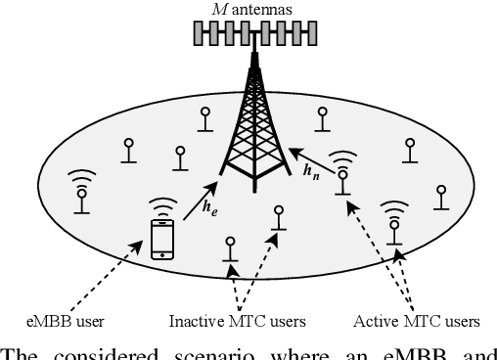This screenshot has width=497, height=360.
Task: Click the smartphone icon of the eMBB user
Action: (x=161, y=239)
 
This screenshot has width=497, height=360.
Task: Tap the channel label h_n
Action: (x=312, y=173)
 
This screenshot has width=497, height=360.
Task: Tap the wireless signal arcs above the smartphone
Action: (x=161, y=207)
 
